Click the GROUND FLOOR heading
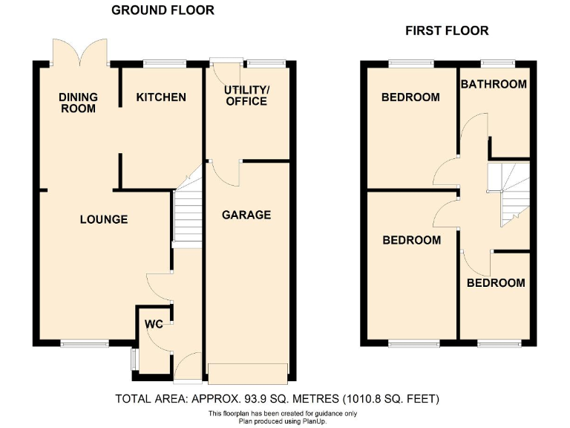pos(163,10)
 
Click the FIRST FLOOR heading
pos(446,30)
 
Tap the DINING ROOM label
pos(78,103)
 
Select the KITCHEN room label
pos(161,97)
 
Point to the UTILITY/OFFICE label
pos(247,95)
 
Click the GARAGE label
pos(246,215)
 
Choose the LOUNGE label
pos(104,219)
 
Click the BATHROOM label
pos(494,84)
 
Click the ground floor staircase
pos(187,215)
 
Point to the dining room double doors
pos(80,52)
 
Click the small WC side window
pos(134,359)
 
